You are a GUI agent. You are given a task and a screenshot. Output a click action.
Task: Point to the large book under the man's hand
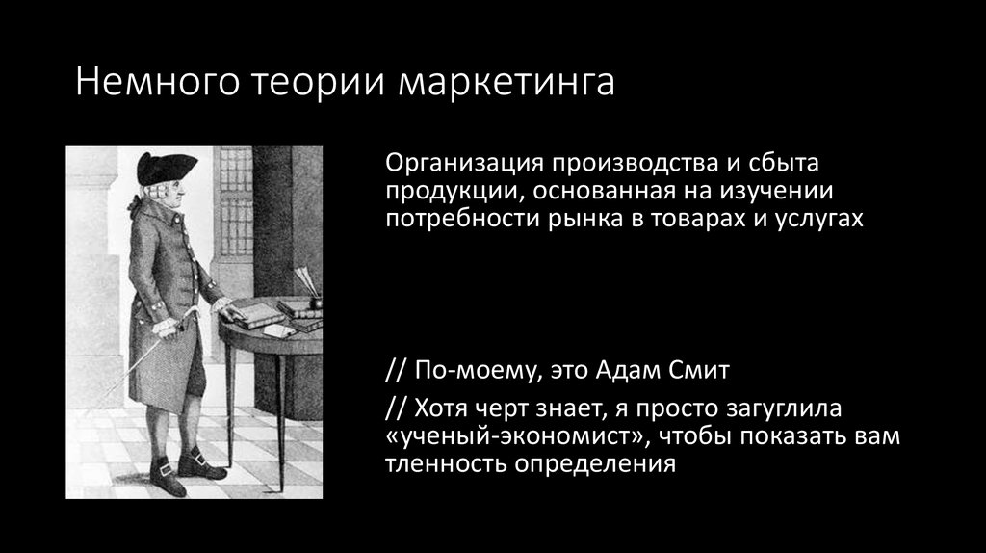point(252,314)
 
